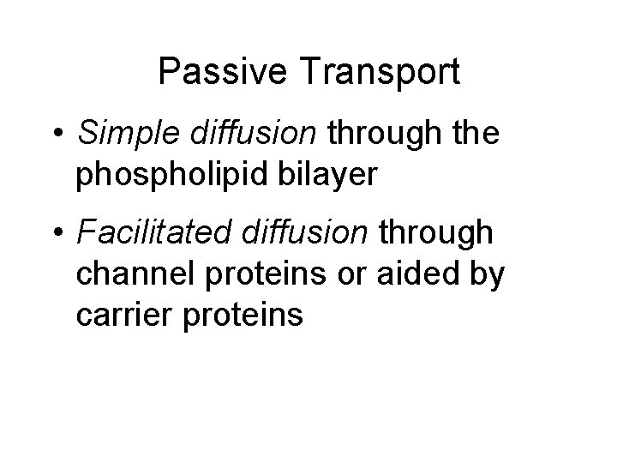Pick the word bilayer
tap(328, 175)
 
